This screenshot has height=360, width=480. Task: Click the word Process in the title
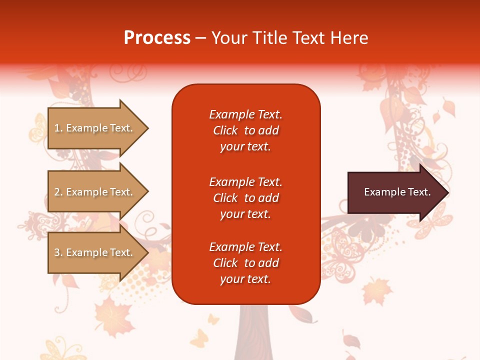coord(157,38)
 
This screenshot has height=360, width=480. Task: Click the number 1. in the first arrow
coord(58,128)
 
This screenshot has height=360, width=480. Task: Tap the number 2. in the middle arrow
coord(58,192)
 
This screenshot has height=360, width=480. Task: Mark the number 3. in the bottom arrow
coord(58,252)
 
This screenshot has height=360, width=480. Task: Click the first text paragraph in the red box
coord(245,130)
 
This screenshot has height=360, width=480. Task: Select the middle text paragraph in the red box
coord(245,198)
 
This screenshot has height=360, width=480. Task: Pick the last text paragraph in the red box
coord(245,263)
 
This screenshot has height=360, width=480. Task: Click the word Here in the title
coord(349,38)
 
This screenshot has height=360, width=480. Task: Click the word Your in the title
coord(229,38)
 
